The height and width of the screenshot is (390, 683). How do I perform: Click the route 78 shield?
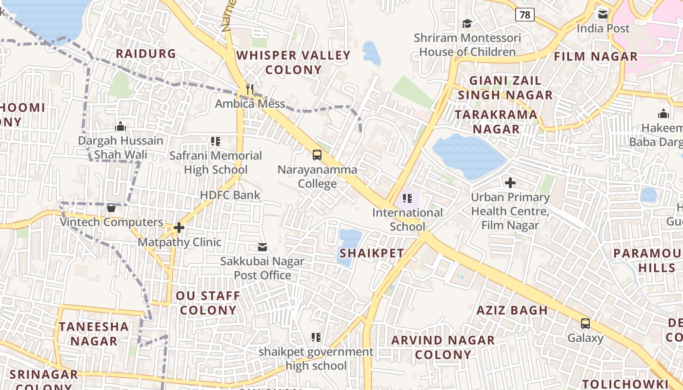point(524,15)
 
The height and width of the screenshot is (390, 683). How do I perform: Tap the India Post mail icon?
point(603,14)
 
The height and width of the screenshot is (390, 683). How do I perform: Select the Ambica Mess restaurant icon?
point(250,89)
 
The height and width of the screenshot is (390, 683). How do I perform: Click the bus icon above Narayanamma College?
point(317,155)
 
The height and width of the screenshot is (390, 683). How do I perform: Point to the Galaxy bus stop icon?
point(585,323)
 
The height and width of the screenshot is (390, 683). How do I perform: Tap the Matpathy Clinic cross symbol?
point(179,227)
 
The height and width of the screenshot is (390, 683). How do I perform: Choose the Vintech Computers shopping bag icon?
point(111,208)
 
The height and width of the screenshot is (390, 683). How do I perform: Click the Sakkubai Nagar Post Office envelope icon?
point(262,247)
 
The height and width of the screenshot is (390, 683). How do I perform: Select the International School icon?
point(407,198)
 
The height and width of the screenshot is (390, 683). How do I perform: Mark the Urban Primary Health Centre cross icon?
point(510,183)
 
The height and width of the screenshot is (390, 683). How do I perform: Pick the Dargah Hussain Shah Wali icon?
point(121,127)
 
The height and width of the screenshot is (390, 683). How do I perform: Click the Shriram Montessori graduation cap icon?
point(467,23)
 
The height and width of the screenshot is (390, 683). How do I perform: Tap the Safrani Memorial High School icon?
point(216,141)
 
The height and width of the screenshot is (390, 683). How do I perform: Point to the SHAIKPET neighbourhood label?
point(372,253)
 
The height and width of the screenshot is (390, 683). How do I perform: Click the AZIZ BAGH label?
point(512,310)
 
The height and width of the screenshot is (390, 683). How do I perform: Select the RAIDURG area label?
point(145,54)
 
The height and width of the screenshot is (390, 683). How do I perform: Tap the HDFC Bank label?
point(230,195)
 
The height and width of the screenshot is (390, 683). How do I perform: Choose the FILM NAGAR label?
point(596,57)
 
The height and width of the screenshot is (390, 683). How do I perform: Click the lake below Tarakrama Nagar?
point(468,156)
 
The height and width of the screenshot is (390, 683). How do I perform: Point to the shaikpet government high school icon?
point(316,337)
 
